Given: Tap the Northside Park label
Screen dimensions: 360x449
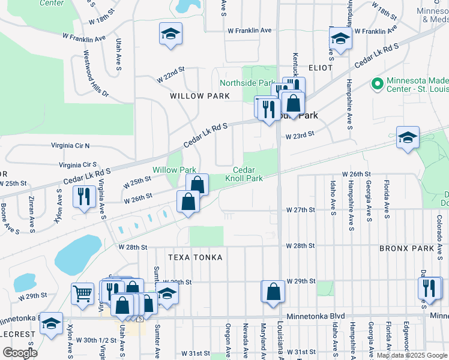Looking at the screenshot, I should pos(247,83).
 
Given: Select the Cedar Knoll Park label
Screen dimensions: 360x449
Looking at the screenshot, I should pos(244,174).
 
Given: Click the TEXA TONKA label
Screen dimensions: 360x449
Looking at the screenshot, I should pos(195,257).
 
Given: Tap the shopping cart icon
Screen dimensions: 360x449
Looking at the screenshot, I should pos(83,293).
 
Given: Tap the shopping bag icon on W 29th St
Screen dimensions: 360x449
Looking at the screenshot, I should pos(273,292).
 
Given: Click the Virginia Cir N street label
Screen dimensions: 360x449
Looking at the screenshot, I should pos(70,145).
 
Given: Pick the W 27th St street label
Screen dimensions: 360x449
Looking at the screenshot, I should pos(301,210).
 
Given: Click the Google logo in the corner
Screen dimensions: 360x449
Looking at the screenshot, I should pos(20,353).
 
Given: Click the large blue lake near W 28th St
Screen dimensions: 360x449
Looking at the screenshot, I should pos(78,254).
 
